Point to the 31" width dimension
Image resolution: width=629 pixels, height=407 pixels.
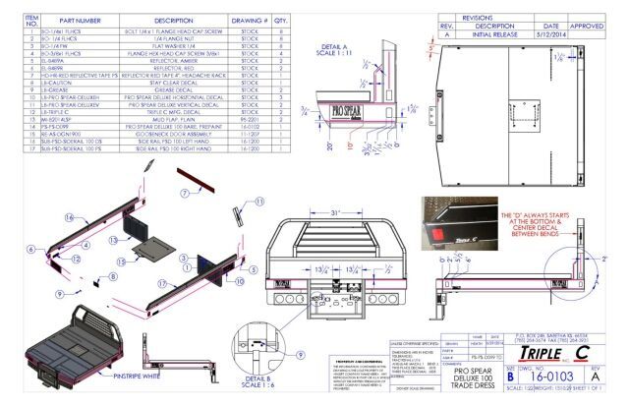point(335,212)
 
